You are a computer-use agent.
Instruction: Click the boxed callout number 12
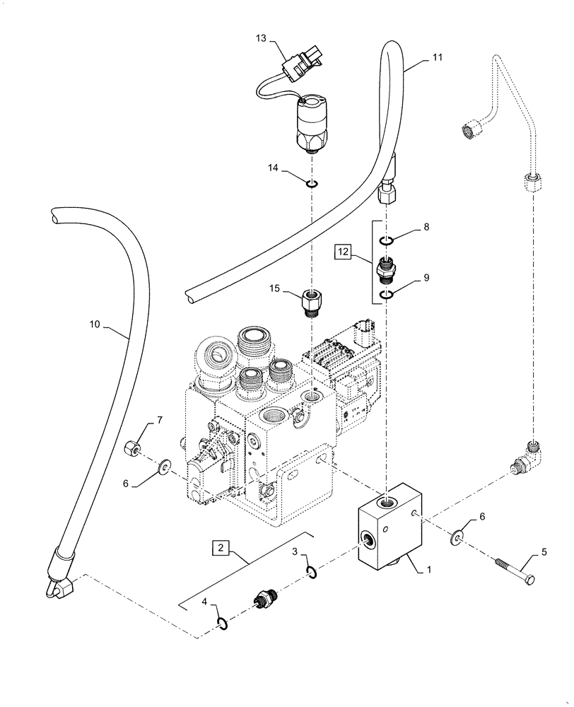[x=344, y=251]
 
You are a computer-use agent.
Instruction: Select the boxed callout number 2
[x=220, y=547]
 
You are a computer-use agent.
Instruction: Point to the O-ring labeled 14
[x=312, y=185]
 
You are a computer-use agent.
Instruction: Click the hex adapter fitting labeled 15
[x=312, y=303]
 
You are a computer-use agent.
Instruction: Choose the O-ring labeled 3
[x=312, y=572]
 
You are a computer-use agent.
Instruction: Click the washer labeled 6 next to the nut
[x=165, y=466]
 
